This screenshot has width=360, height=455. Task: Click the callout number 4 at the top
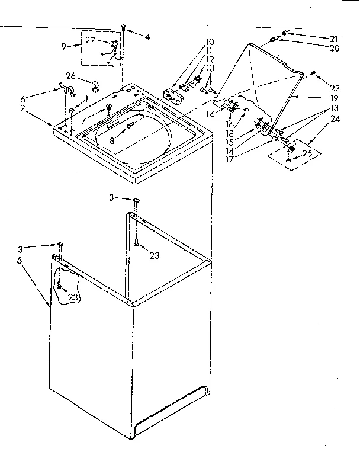pos(147,36)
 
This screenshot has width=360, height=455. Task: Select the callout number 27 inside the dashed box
pos(90,40)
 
